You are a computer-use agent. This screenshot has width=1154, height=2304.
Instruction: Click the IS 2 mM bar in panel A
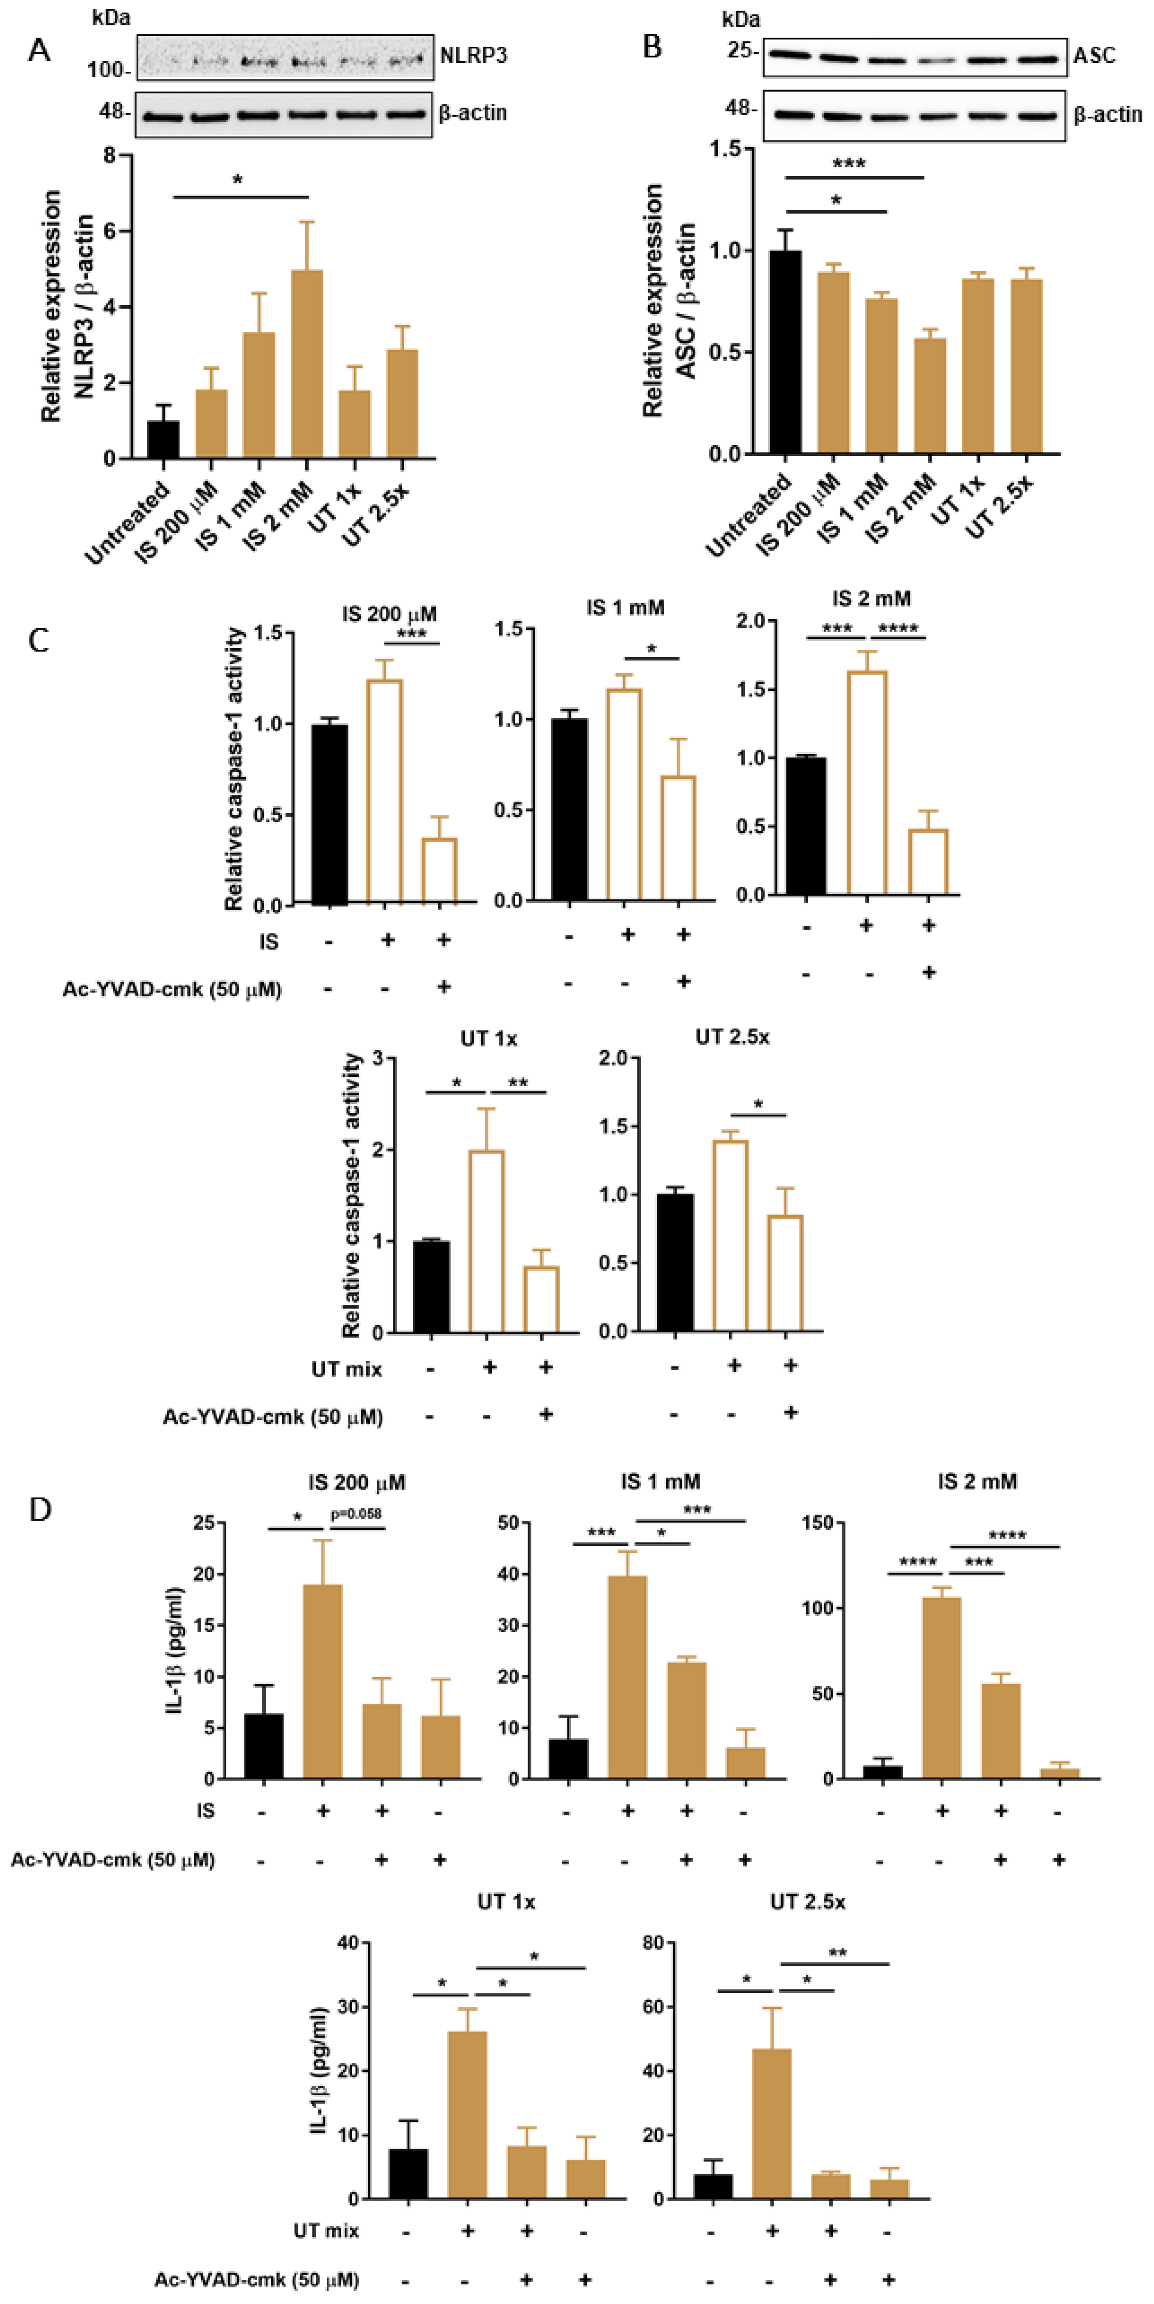[307, 365]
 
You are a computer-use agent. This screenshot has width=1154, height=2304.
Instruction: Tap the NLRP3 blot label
[473, 56]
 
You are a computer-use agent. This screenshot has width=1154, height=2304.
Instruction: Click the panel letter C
[39, 641]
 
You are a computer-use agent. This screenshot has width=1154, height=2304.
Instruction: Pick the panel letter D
[40, 1510]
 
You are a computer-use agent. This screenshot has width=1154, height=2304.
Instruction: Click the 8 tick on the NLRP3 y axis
[110, 156]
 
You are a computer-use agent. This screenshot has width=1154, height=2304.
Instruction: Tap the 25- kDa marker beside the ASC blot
[742, 51]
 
